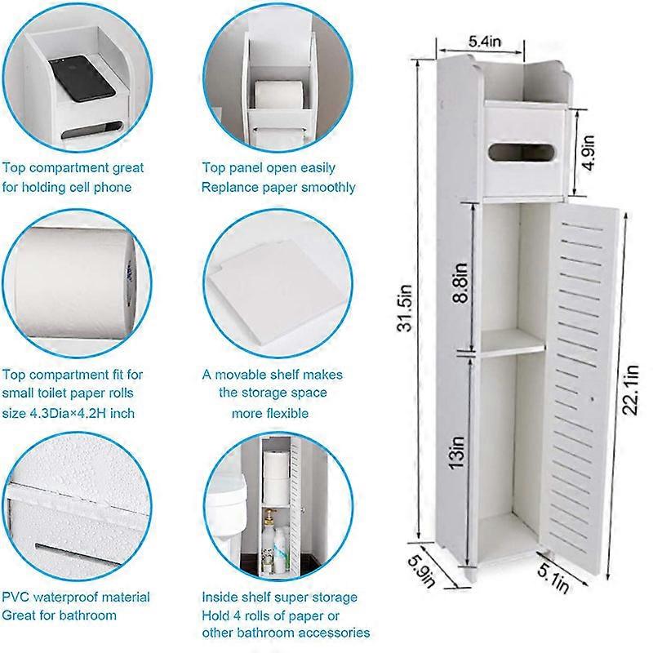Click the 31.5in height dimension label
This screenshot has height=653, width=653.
pyautogui.click(x=404, y=309)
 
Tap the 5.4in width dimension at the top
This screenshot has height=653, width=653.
pyautogui.click(x=485, y=42)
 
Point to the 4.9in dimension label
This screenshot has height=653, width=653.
pyautogui.click(x=589, y=153)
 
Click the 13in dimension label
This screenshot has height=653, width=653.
pyautogui.click(x=456, y=452)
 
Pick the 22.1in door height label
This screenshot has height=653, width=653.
pyautogui.click(x=630, y=390)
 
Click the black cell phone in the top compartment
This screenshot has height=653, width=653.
pyautogui.click(x=82, y=78)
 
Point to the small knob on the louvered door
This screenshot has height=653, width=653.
pyautogui.click(x=592, y=399)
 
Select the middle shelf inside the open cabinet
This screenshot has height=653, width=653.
pyautogui.click(x=513, y=342)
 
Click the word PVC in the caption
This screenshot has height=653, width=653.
pyautogui.click(x=16, y=597)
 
